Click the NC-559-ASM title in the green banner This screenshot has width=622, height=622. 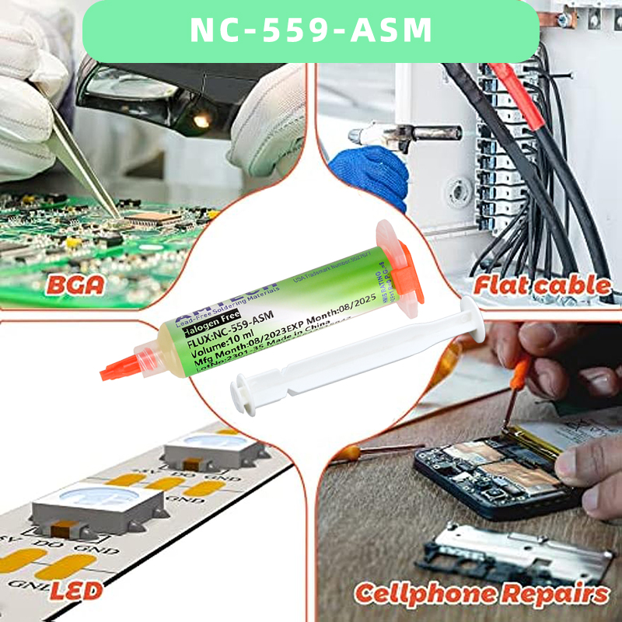pyautogui.click(x=310, y=30)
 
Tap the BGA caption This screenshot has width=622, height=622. pyautogui.click(x=75, y=284)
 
